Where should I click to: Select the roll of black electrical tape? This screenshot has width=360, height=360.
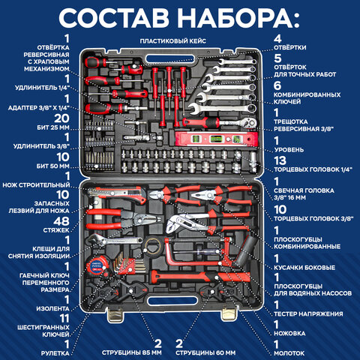154,245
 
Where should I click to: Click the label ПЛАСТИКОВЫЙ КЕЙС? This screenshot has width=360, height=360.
178,40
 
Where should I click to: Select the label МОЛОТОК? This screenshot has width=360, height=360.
292,352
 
